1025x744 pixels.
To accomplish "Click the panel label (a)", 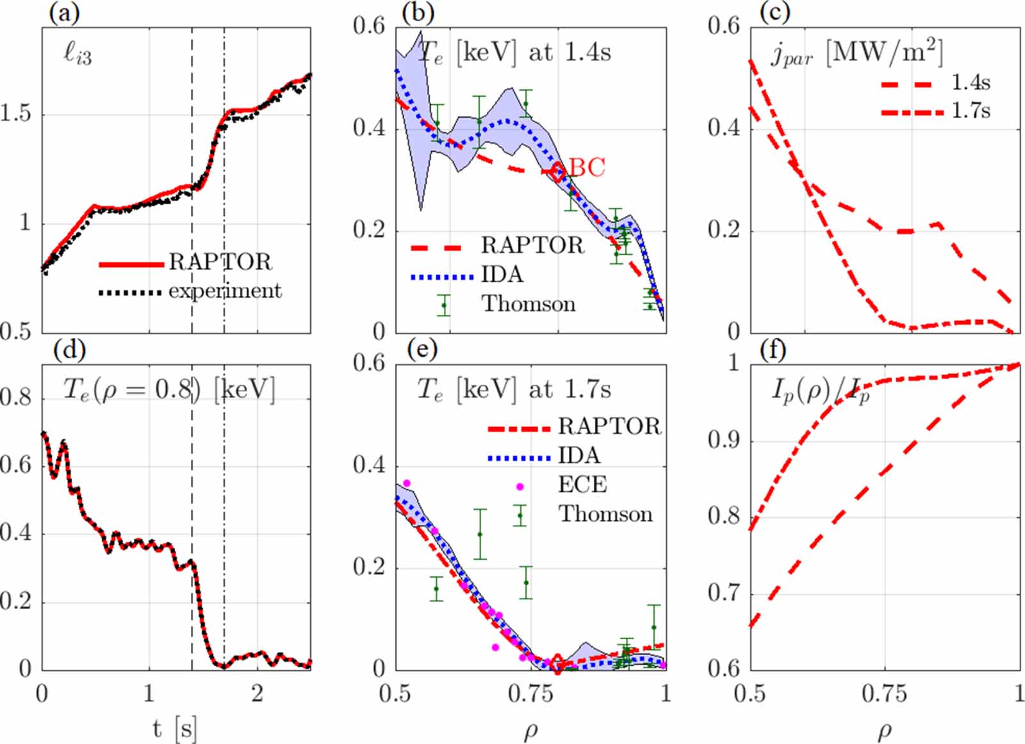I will point(64,13).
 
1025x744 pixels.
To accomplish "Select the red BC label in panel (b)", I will point(587,167).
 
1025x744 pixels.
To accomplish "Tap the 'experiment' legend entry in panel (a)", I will point(225,291).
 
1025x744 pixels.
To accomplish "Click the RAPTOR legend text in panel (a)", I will point(220,262).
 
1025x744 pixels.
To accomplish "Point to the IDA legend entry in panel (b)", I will point(502,275).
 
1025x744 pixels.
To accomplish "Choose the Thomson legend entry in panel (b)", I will point(528,303).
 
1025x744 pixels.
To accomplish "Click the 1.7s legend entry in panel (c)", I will point(971,111).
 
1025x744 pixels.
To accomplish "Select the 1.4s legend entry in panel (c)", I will point(971,83).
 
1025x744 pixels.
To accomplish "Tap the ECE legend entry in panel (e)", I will point(582,485).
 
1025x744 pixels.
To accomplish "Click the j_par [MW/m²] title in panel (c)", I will point(857,53).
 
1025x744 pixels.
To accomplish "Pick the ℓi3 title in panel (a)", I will point(78,54).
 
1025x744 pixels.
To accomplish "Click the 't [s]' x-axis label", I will point(174,729).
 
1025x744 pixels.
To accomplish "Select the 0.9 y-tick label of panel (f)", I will point(723,441).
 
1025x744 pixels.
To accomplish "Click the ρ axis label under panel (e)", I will point(530,731).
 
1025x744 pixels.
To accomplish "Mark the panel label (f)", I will point(773,350).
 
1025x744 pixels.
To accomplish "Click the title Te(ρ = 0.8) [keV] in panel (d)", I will point(169,389).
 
